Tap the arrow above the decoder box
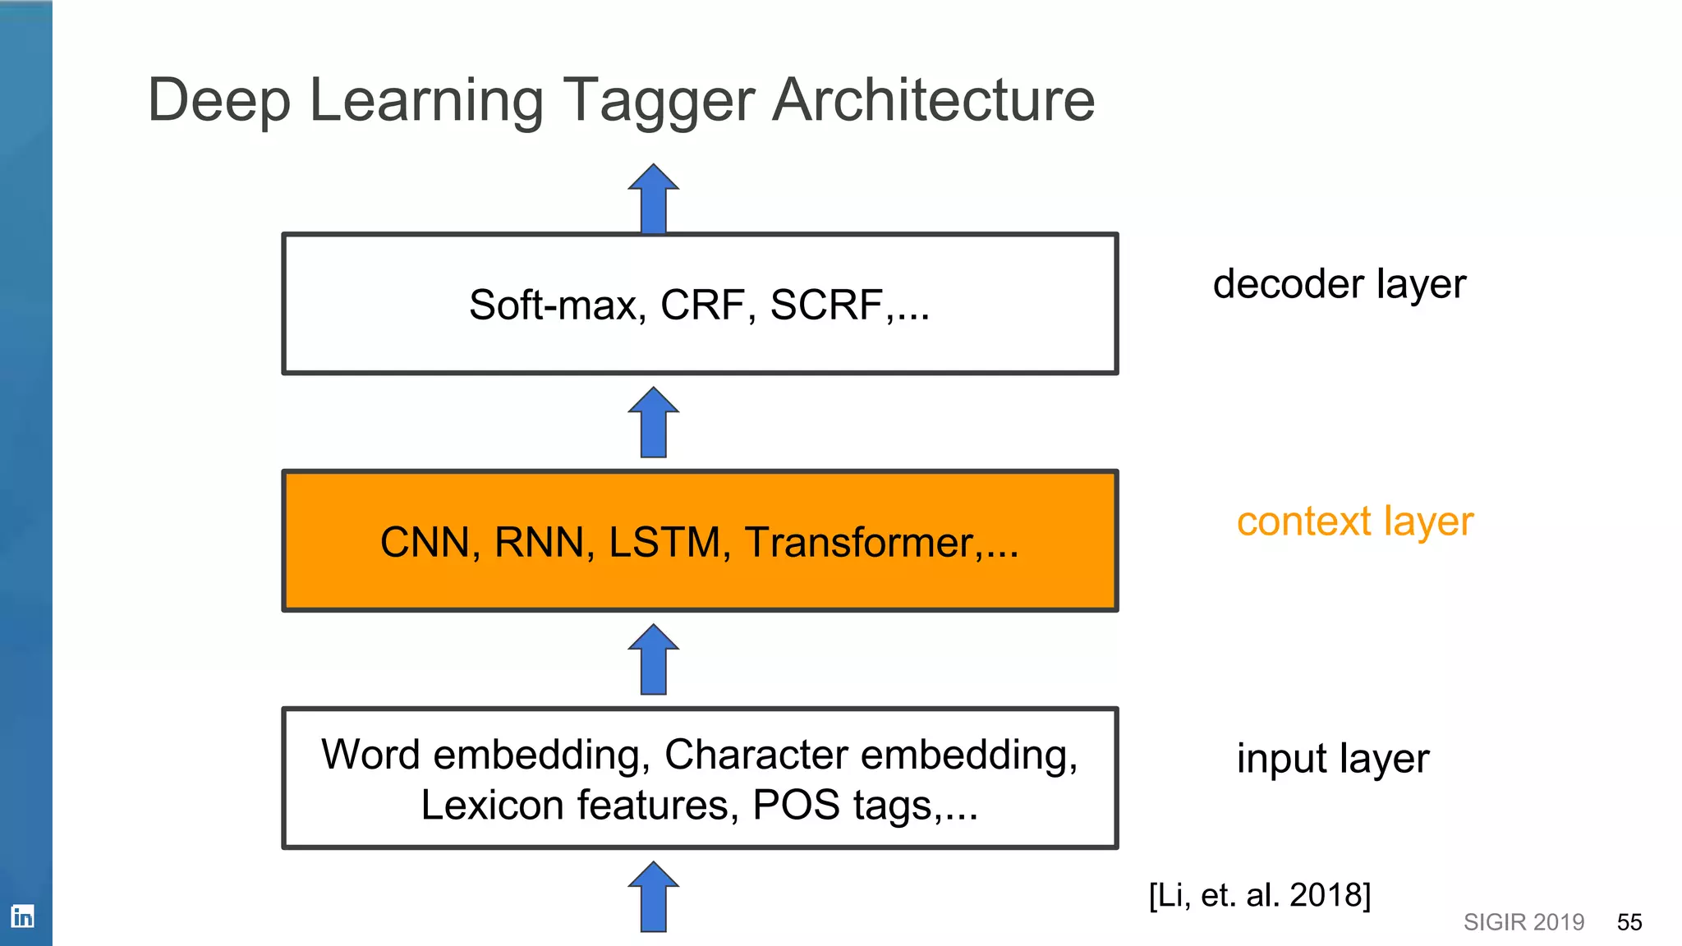click(x=653, y=199)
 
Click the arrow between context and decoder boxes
click(x=653, y=422)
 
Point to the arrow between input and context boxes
click(x=653, y=659)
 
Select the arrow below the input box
click(x=653, y=897)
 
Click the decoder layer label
click(x=1339, y=284)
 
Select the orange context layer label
click(x=1354, y=521)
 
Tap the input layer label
click(x=1332, y=759)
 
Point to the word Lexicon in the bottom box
click(x=492, y=805)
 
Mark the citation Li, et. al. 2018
click(x=1259, y=895)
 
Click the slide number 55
click(x=1629, y=922)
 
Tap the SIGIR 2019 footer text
click(x=1523, y=922)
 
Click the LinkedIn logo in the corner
click(x=22, y=916)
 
